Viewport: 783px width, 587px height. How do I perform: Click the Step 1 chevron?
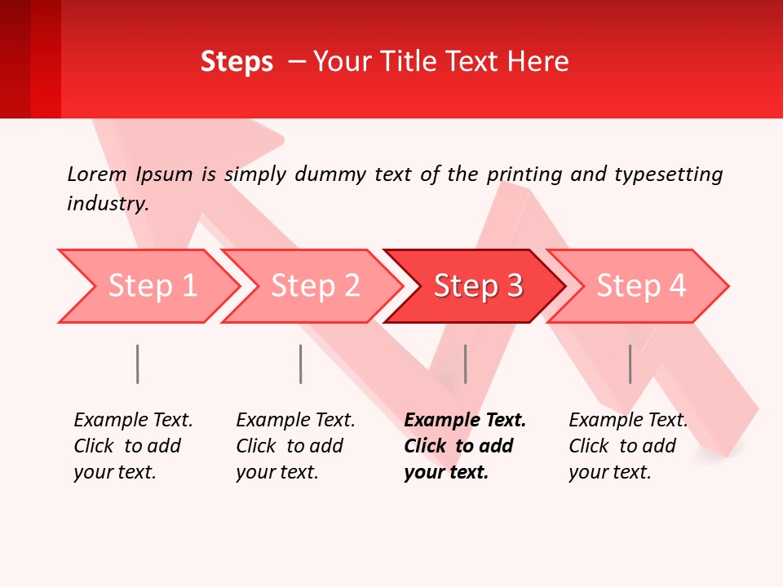point(152,286)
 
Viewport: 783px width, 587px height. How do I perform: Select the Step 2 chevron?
point(315,286)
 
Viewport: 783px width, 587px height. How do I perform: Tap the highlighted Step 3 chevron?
point(478,286)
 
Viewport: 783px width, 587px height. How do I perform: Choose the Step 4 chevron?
point(641,286)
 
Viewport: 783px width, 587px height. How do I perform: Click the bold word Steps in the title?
point(237,62)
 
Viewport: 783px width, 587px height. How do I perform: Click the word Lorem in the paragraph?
point(97,174)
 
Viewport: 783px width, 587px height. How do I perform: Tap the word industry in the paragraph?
point(107,204)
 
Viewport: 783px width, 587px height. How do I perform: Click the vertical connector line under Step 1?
point(137,364)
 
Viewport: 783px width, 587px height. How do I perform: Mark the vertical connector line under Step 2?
point(300,364)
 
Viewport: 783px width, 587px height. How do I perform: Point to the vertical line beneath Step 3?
point(465,364)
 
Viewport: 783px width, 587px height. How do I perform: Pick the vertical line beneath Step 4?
point(630,364)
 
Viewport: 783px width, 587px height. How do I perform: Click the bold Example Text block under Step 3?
point(464,446)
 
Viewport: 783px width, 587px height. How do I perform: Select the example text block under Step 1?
point(133,446)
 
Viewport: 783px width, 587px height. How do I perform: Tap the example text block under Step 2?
point(295,446)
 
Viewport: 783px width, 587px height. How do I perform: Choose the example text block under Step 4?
point(628,446)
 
